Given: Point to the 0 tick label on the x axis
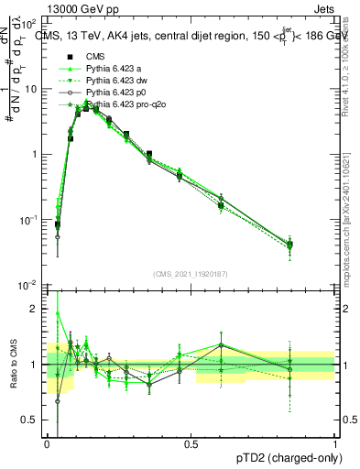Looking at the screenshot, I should pos(47,444).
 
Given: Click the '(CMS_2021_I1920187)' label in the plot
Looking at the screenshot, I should pos(191,274).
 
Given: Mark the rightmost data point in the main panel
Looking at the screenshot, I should pos(316,245).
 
